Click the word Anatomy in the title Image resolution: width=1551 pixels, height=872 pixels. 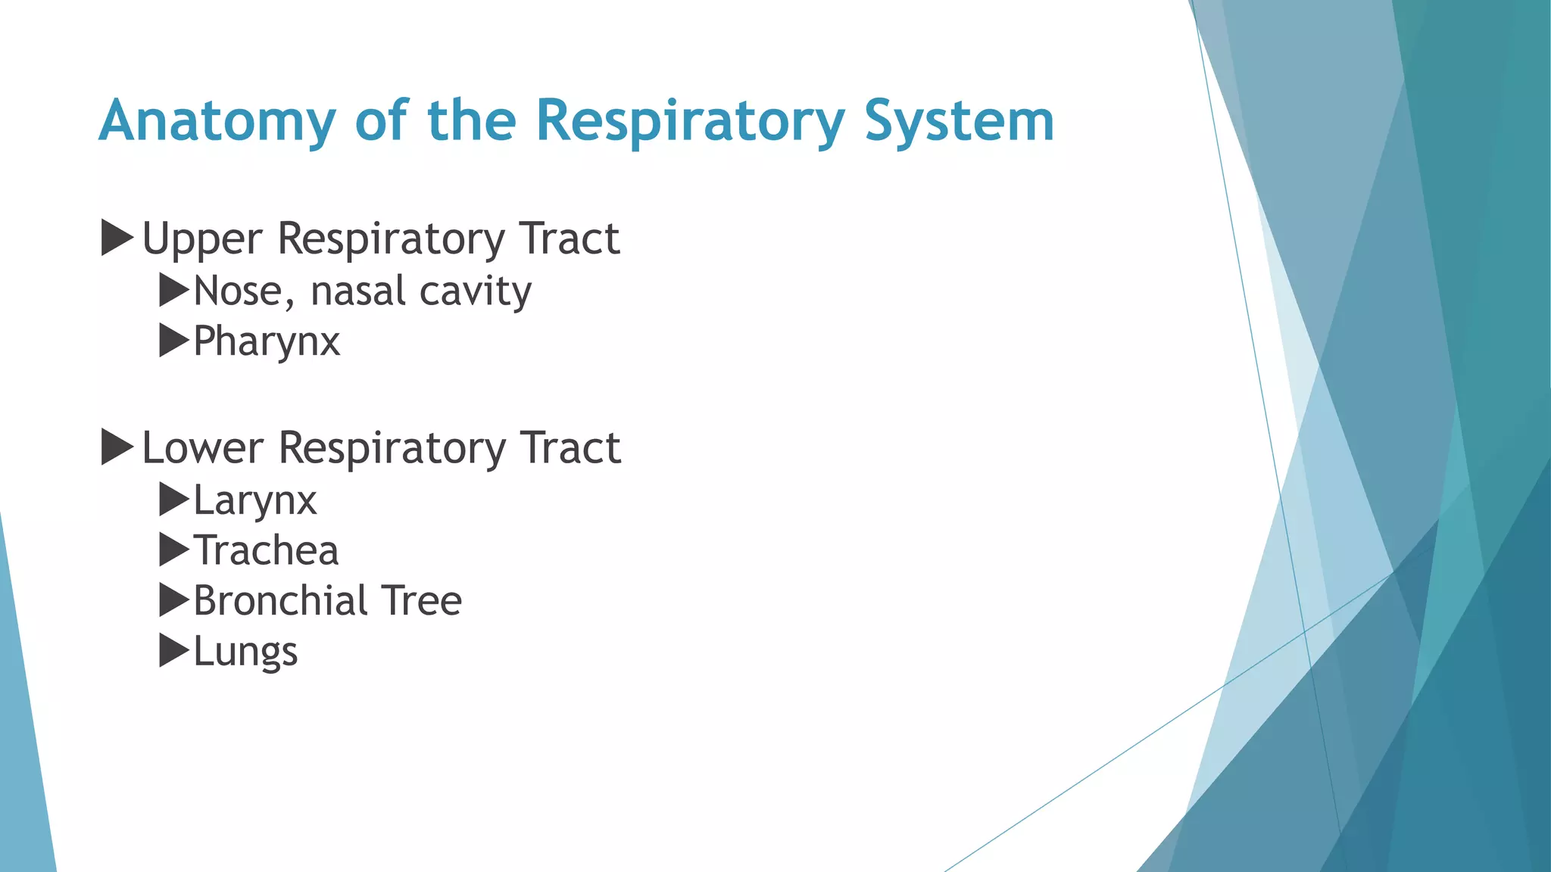coord(217,121)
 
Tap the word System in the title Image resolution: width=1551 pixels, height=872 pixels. coord(959,121)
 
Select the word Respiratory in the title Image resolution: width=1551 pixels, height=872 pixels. coord(690,121)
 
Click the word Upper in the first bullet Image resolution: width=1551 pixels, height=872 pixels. coord(202,240)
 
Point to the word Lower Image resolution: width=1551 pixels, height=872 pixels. coord(202,448)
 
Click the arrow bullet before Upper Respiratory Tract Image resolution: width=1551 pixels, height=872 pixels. coord(117,238)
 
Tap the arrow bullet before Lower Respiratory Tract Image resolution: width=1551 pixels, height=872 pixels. coord(117,447)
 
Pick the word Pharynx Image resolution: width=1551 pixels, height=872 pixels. coord(267,342)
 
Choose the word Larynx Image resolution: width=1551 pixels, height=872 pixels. coord(255,501)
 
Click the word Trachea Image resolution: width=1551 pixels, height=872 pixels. coord(266,550)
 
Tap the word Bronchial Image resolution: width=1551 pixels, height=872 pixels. coord(280,601)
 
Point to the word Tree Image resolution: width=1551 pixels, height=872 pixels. coord(421,601)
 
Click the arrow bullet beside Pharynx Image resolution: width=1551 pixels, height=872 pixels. coord(173,341)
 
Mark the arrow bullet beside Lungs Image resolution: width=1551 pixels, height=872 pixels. coord(173,650)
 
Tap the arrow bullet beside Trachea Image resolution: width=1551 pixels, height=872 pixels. coord(173,550)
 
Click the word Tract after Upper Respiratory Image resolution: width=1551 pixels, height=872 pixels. coord(570,239)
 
